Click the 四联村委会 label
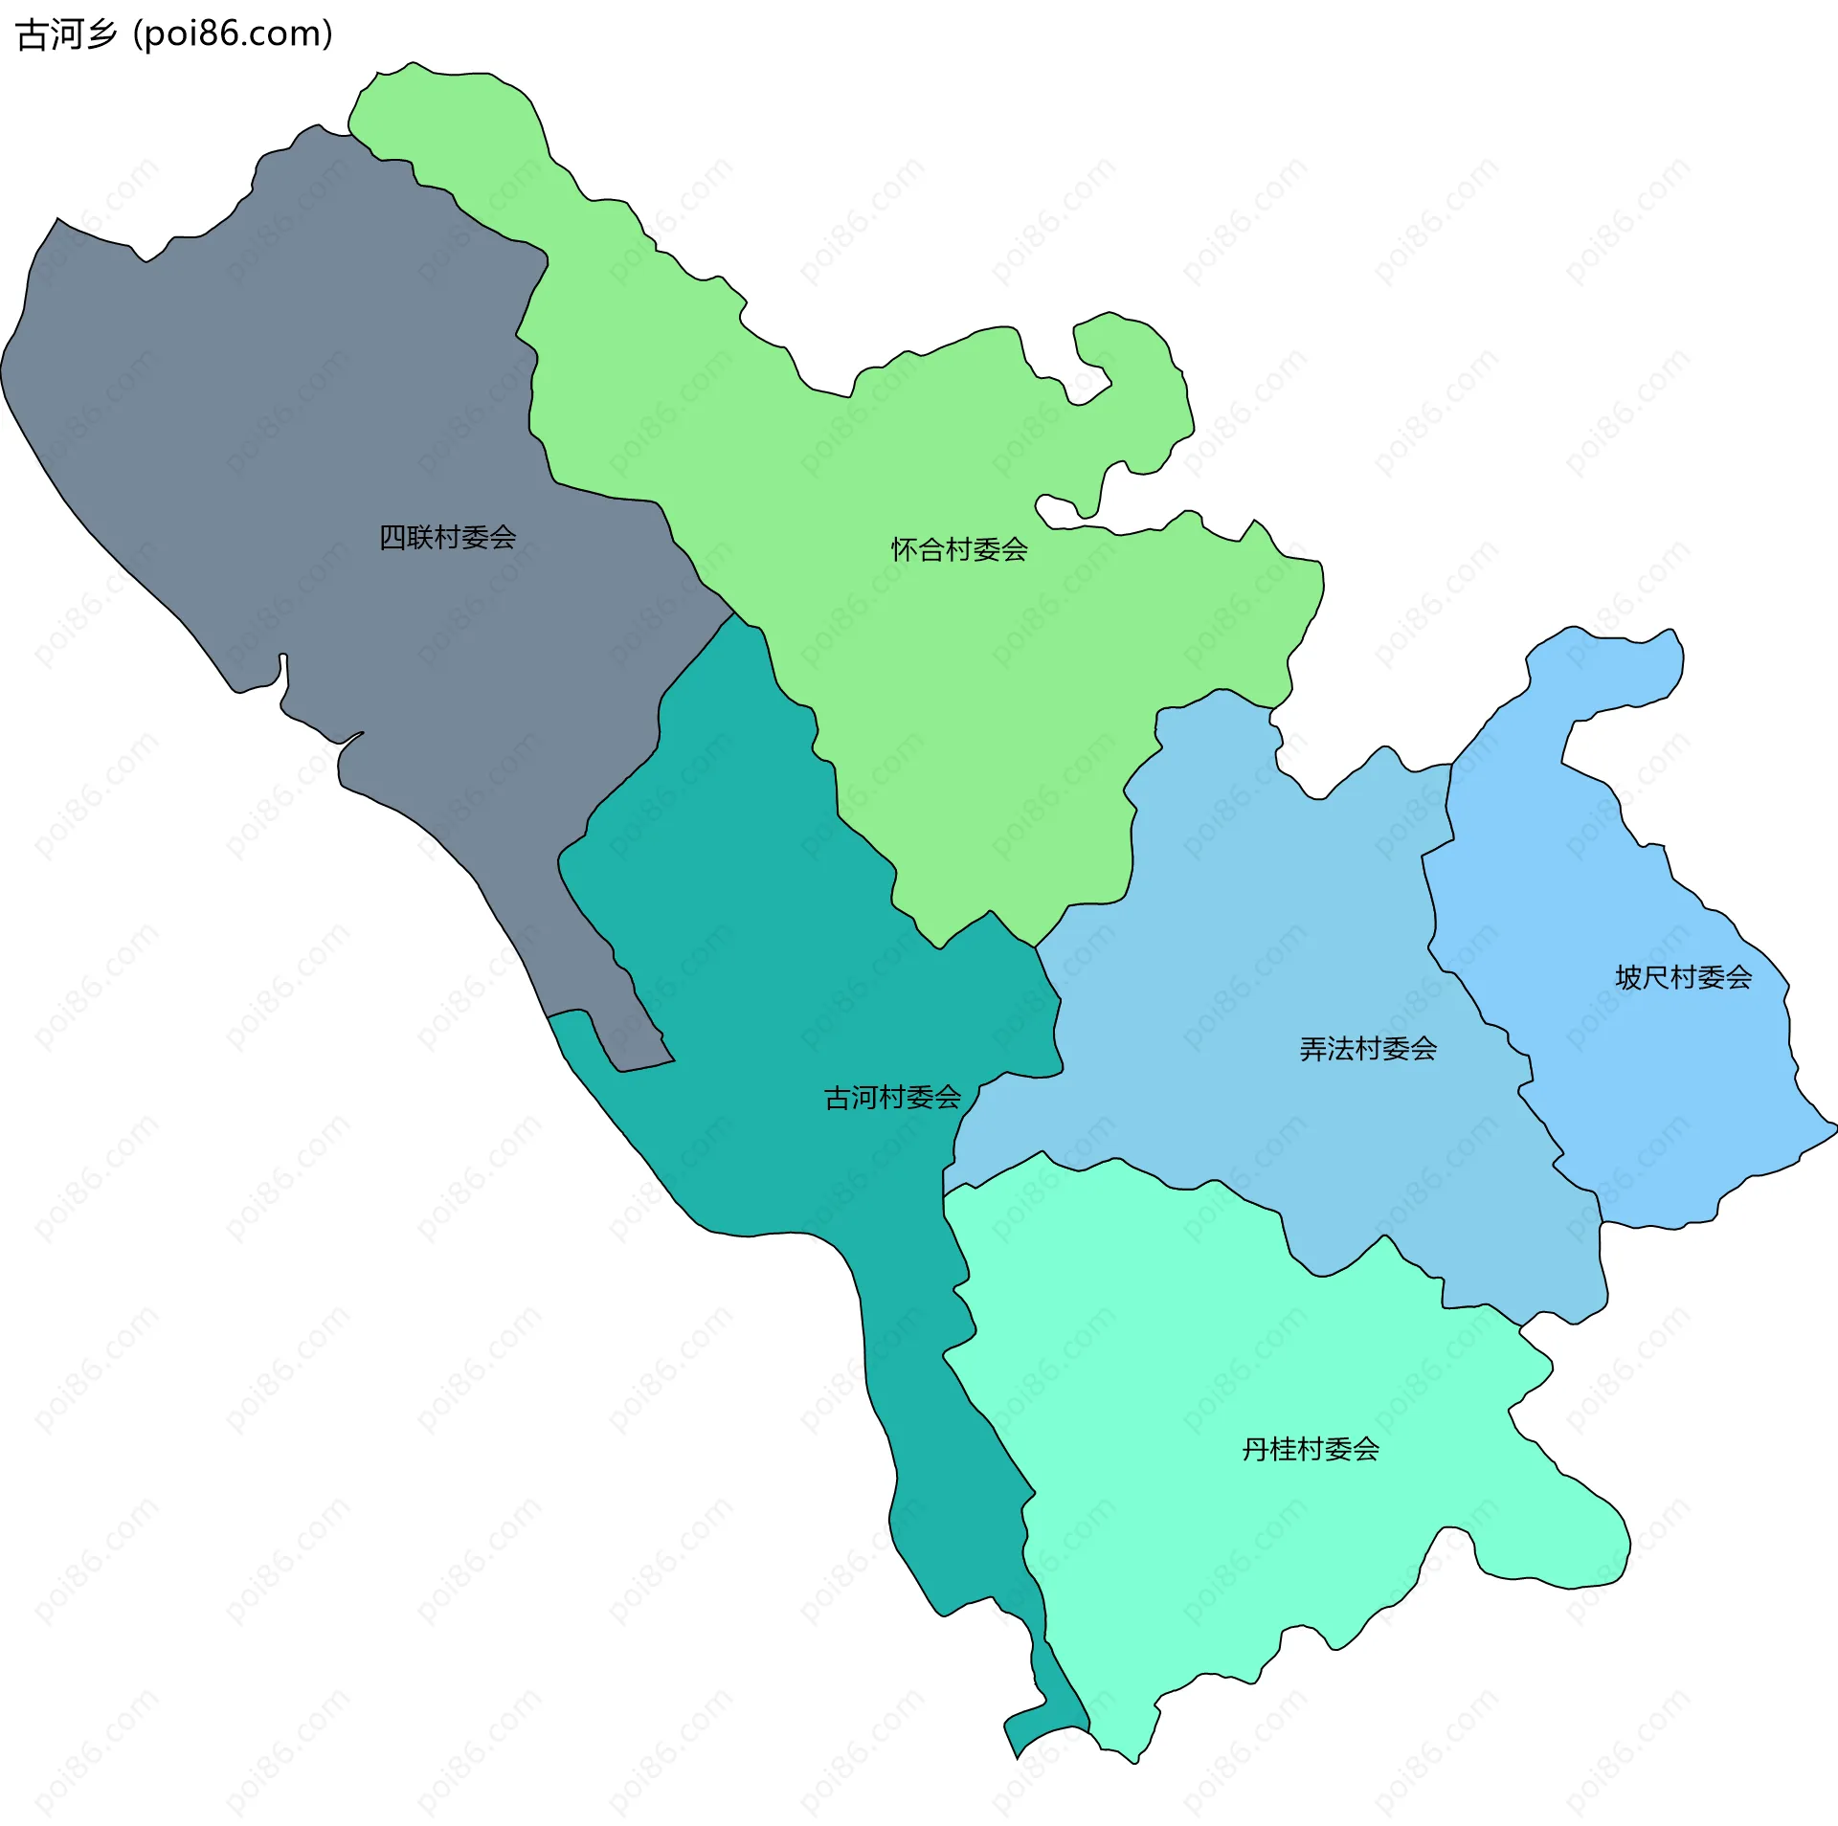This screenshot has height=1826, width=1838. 447,538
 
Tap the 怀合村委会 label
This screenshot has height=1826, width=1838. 959,550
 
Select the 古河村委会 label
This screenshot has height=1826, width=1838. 892,1098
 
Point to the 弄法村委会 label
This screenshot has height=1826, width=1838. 1368,1050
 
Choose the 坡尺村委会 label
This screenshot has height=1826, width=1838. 1683,977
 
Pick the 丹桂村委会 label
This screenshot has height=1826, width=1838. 1311,1450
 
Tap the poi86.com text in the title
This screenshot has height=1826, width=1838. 233,34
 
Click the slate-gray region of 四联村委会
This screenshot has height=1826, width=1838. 287,431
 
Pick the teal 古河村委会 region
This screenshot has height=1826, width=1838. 766,957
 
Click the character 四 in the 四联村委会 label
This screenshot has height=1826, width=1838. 392,538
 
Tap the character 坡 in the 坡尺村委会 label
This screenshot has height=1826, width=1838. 1628,977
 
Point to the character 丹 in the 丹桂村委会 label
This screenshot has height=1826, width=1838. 1256,1450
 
